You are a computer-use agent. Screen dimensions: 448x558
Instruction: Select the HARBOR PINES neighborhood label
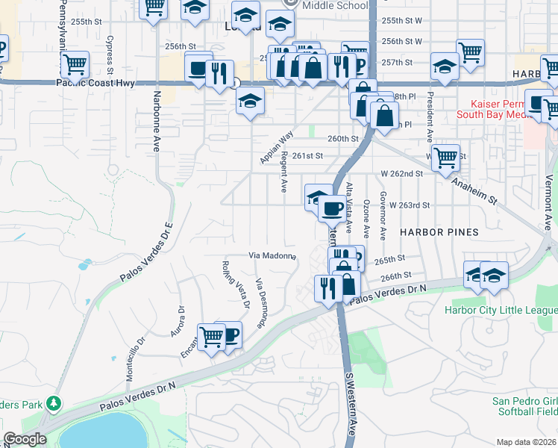tap(439, 232)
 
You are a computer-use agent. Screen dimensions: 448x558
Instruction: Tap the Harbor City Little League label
tap(501, 310)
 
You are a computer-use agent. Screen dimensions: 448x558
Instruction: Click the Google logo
tap(25, 439)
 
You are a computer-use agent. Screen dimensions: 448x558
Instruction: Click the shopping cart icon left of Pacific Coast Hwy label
tap(75, 65)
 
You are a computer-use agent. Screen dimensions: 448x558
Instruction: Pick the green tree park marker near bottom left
tap(52, 404)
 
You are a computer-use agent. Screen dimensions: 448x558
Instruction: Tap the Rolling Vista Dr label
tap(235, 284)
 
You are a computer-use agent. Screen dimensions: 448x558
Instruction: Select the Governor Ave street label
tap(383, 215)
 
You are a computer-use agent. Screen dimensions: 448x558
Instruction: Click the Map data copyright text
tap(527, 442)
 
